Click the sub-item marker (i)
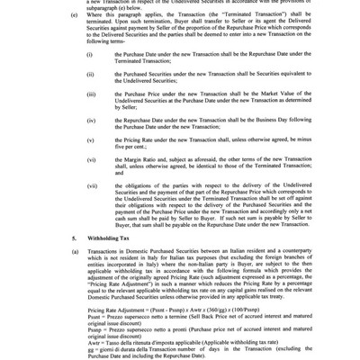pos(89,55)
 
